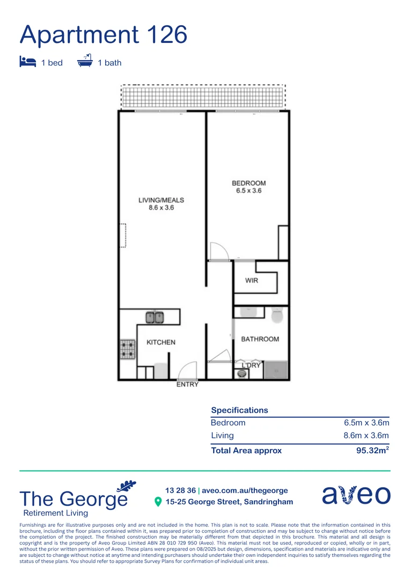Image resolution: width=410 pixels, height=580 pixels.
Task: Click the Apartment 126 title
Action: [103, 34]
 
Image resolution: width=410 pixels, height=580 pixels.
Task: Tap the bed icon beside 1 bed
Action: [27, 62]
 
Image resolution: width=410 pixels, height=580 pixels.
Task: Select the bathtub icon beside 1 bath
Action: [85, 61]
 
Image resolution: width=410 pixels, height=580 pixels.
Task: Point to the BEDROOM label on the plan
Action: [248, 187]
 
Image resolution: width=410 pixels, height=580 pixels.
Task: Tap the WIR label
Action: [252, 280]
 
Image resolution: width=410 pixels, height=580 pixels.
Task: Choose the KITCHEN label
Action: [161, 342]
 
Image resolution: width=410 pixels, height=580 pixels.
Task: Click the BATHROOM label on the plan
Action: [260, 339]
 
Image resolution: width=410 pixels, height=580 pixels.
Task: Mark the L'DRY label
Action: [251, 365]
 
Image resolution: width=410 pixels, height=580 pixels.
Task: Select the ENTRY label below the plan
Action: [187, 385]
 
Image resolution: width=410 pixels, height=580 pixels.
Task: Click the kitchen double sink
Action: [155, 317]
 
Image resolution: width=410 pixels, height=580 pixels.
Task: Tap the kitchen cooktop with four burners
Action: [127, 349]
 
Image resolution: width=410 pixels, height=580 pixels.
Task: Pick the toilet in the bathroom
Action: [277, 315]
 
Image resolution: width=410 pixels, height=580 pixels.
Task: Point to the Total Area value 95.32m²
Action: [372, 451]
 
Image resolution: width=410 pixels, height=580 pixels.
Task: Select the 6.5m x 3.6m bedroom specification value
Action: [366, 423]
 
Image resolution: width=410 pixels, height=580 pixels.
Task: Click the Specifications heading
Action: [239, 410]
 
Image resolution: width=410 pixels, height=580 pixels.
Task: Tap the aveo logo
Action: [356, 495]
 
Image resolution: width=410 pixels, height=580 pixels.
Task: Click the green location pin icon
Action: [158, 502]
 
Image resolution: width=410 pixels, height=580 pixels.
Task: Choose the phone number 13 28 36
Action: [180, 490]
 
